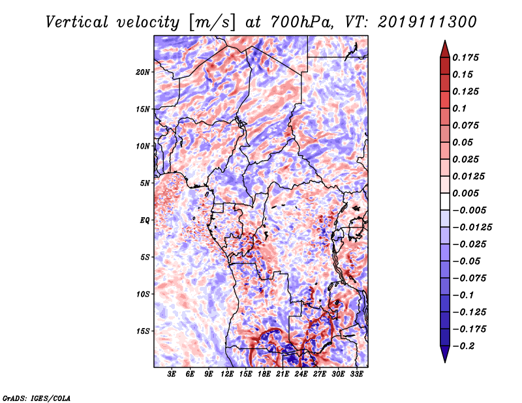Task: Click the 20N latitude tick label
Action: pos(144,72)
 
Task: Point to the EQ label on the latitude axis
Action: pos(145,220)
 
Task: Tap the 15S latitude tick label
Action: pos(144,331)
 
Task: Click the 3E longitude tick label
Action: pos(172,374)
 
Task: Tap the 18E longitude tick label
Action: pos(264,374)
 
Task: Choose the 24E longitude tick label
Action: pos(300,374)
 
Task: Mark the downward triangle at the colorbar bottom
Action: pos(444,355)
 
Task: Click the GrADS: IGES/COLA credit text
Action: pos(37,397)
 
